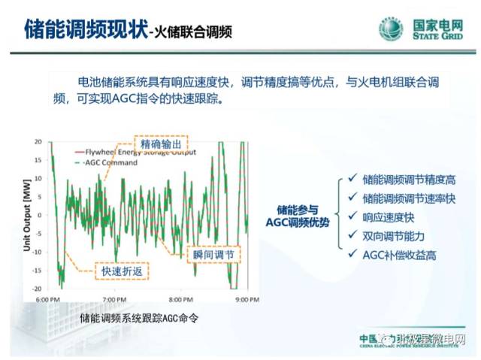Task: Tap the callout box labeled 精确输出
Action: [x=160, y=143]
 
